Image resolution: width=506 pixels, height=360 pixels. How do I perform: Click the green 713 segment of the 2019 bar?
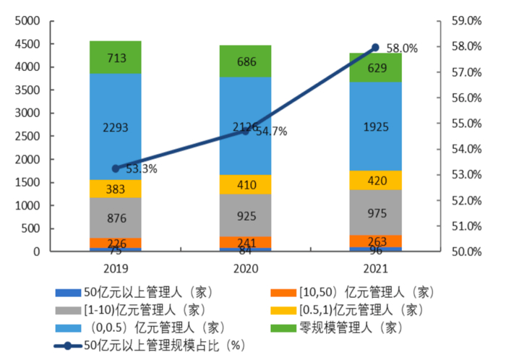(x=116, y=57)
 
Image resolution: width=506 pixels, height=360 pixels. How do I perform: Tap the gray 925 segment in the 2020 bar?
(x=245, y=215)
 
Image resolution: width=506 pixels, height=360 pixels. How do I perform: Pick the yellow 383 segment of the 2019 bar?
(x=116, y=189)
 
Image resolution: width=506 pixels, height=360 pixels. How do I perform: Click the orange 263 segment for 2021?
(x=375, y=242)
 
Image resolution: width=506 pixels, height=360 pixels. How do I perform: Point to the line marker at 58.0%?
(x=375, y=48)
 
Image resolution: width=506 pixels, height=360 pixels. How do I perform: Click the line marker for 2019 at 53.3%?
(x=116, y=168)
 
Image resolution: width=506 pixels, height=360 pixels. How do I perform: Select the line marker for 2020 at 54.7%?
(x=245, y=132)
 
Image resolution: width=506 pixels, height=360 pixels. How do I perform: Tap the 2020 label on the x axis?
(x=245, y=267)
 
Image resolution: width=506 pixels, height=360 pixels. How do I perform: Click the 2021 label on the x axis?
(x=375, y=267)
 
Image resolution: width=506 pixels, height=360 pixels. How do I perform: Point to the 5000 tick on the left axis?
(x=27, y=21)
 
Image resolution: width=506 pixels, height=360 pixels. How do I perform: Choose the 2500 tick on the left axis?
(x=27, y=137)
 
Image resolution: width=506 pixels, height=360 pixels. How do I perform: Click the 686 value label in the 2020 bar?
(x=245, y=61)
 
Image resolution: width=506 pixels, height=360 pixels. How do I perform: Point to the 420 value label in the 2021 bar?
(x=375, y=181)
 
